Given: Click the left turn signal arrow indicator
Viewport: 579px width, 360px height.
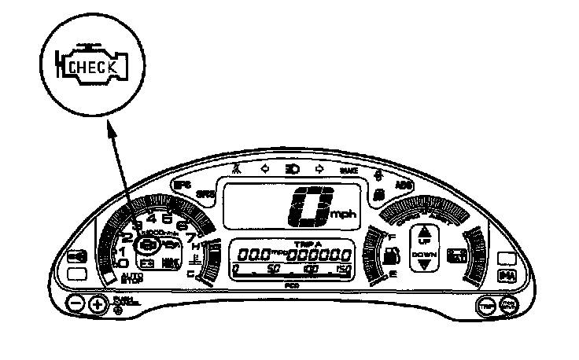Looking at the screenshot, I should click(264, 168).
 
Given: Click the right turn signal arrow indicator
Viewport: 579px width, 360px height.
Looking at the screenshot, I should click(319, 168).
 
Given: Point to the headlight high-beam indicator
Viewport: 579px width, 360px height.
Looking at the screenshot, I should click(292, 168).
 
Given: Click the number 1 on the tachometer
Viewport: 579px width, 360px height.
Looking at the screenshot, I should click(123, 250).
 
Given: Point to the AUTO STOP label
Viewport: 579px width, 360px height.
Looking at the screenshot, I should click(132, 278).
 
